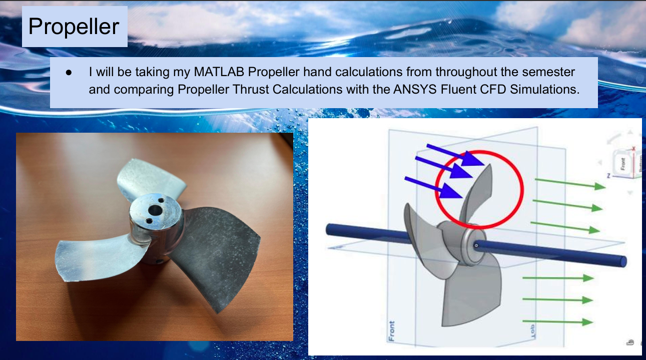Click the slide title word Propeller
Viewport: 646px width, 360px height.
coord(74,27)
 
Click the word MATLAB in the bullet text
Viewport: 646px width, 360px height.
coord(219,72)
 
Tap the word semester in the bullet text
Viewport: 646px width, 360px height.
coord(548,72)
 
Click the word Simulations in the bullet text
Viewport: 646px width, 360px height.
coord(544,90)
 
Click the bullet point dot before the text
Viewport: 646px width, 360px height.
coord(69,73)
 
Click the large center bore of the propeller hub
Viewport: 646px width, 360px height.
coord(155,211)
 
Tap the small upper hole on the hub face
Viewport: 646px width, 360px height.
coord(161,200)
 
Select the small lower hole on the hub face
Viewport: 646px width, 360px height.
coord(150,221)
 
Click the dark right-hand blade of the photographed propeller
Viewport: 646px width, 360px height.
coord(216,254)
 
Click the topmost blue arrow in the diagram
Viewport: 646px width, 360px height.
coord(455,155)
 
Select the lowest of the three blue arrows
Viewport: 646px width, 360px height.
coord(433,187)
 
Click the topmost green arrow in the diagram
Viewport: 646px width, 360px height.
coord(570,183)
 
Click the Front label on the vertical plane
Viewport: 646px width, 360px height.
coord(391,331)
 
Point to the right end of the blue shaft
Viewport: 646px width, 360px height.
coord(623,261)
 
